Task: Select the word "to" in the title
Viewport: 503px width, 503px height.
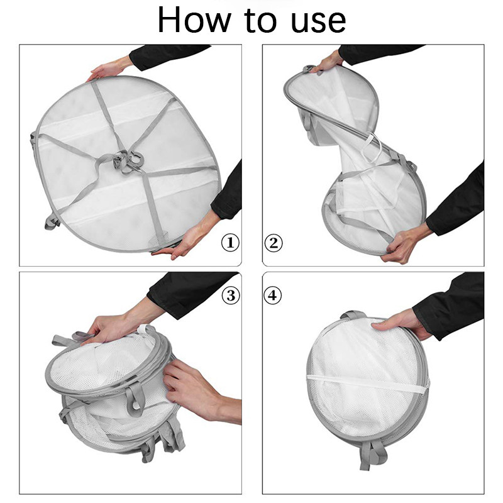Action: click(x=260, y=21)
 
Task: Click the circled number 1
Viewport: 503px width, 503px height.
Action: click(x=230, y=243)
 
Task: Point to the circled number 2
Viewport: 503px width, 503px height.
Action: click(x=274, y=243)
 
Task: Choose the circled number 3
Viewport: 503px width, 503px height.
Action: click(x=231, y=295)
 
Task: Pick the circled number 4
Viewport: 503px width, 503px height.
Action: click(x=272, y=295)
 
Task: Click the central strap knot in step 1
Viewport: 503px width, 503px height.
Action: click(x=127, y=160)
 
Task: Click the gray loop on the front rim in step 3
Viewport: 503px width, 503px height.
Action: click(x=135, y=398)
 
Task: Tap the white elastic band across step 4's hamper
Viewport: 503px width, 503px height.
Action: click(x=368, y=384)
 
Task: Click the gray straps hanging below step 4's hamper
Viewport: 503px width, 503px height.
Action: click(x=372, y=455)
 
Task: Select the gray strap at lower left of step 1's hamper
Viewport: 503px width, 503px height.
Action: click(x=52, y=221)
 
